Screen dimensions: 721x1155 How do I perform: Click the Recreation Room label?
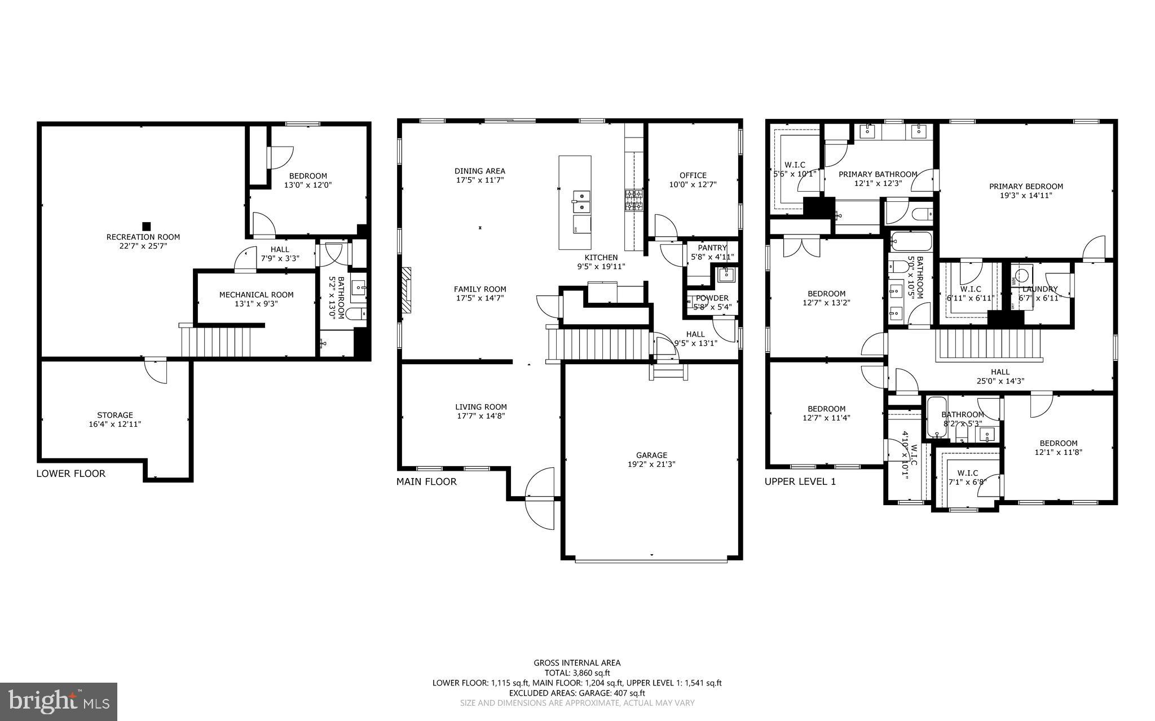(x=143, y=237)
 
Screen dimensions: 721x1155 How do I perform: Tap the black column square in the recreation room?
(x=146, y=226)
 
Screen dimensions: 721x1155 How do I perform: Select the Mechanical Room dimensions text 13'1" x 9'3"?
(x=256, y=304)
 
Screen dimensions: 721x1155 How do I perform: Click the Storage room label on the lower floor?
(x=115, y=415)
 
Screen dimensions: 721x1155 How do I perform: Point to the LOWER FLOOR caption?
(x=71, y=474)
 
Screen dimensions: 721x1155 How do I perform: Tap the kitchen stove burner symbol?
(x=633, y=200)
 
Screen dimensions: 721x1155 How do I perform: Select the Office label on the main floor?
(x=693, y=175)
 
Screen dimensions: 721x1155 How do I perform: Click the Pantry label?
(x=712, y=248)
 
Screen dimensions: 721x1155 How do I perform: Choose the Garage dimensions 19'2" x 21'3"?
(x=651, y=465)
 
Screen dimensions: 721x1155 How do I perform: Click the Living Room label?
(x=481, y=407)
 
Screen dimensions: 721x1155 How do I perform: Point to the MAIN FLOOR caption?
(x=426, y=481)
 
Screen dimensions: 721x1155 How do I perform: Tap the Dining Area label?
(x=480, y=171)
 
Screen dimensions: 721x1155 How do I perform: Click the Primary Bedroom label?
(x=1026, y=187)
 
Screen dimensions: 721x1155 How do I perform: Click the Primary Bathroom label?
(x=878, y=174)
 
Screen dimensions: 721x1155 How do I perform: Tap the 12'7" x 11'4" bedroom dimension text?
(x=826, y=418)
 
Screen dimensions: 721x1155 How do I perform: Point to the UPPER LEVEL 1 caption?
(x=800, y=481)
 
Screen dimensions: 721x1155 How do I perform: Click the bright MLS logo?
(x=59, y=701)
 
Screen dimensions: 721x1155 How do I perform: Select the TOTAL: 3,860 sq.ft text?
(x=577, y=673)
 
